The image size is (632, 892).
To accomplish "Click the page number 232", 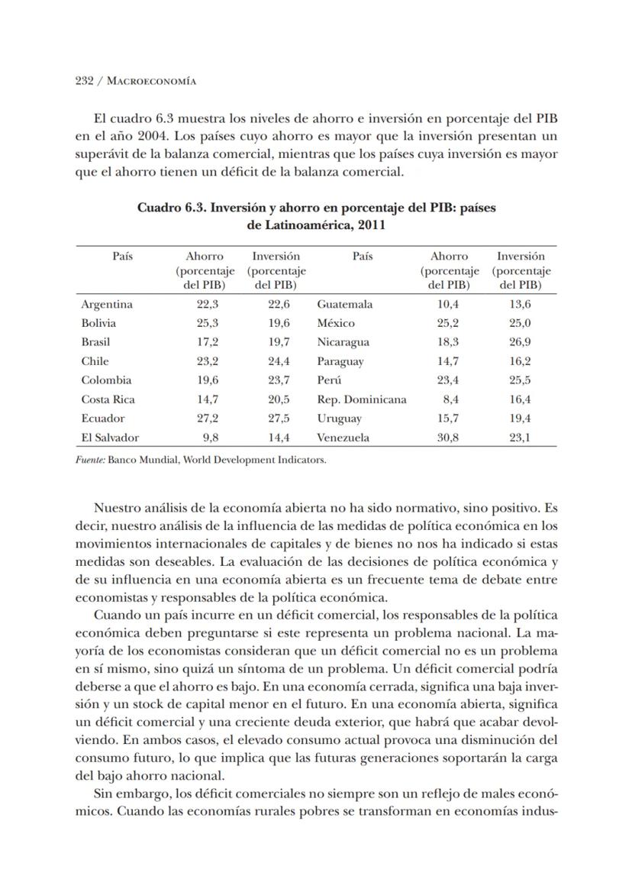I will (x=84, y=81).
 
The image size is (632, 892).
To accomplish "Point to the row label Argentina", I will (x=107, y=304).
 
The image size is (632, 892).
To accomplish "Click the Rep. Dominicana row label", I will (x=362, y=399).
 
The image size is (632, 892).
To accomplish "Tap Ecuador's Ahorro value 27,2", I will (x=206, y=419).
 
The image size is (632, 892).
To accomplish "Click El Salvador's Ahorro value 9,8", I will (x=211, y=438).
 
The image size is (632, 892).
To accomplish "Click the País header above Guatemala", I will (x=363, y=257).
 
